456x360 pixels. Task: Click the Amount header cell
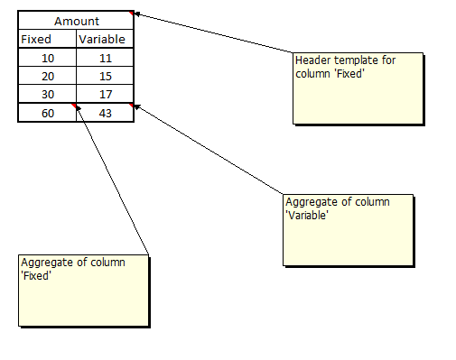pyautogui.click(x=76, y=21)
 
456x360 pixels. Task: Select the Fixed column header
pyautogui.click(x=48, y=39)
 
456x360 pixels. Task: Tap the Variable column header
pyautogui.click(x=105, y=39)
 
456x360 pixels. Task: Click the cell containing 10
pyautogui.click(x=48, y=58)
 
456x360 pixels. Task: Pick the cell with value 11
pyautogui.click(x=105, y=58)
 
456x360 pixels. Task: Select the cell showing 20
pyautogui.click(x=48, y=76)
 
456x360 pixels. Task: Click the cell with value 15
pyautogui.click(x=105, y=76)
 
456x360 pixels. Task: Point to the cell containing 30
pyautogui.click(x=48, y=94)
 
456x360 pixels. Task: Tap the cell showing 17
pyautogui.click(x=105, y=94)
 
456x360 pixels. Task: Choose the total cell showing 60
pyautogui.click(x=48, y=113)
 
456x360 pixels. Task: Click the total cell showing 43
pyautogui.click(x=105, y=113)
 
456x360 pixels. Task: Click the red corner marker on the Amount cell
pyautogui.click(x=131, y=13)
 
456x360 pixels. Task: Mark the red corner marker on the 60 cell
pyautogui.click(x=74, y=105)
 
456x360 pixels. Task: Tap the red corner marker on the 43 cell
pyautogui.click(x=131, y=105)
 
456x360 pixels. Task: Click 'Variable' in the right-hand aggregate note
pyautogui.click(x=307, y=215)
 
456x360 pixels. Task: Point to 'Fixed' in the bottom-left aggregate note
pyautogui.click(x=36, y=275)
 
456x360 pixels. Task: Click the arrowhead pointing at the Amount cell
pyautogui.click(x=136, y=14)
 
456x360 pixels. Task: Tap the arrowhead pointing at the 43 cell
pyautogui.click(x=137, y=106)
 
